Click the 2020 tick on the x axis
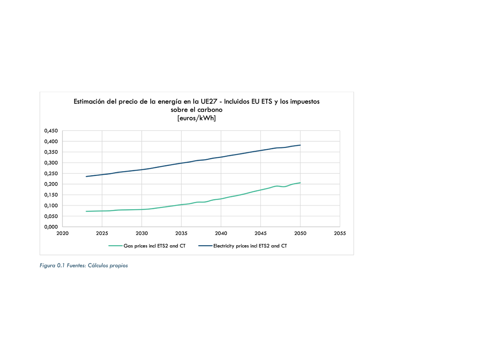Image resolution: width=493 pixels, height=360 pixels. coord(62,233)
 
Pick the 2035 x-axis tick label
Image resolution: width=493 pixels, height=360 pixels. coord(181,233)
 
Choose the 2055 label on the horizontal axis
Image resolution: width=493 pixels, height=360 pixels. coord(340,233)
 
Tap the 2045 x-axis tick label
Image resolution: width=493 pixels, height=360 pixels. coord(261,233)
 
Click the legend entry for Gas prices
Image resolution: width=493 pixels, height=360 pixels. coord(154,246)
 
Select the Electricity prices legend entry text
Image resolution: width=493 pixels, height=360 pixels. coord(250,246)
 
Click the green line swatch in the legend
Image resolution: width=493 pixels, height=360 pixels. coord(115,246)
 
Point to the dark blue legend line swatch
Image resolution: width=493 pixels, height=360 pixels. coord(205,246)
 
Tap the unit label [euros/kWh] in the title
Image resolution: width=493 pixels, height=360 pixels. coord(196,118)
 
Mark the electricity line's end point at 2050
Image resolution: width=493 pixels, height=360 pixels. coord(300,145)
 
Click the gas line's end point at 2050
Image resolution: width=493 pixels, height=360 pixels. coord(300,183)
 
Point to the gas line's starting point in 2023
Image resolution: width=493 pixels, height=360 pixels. coord(86,211)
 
